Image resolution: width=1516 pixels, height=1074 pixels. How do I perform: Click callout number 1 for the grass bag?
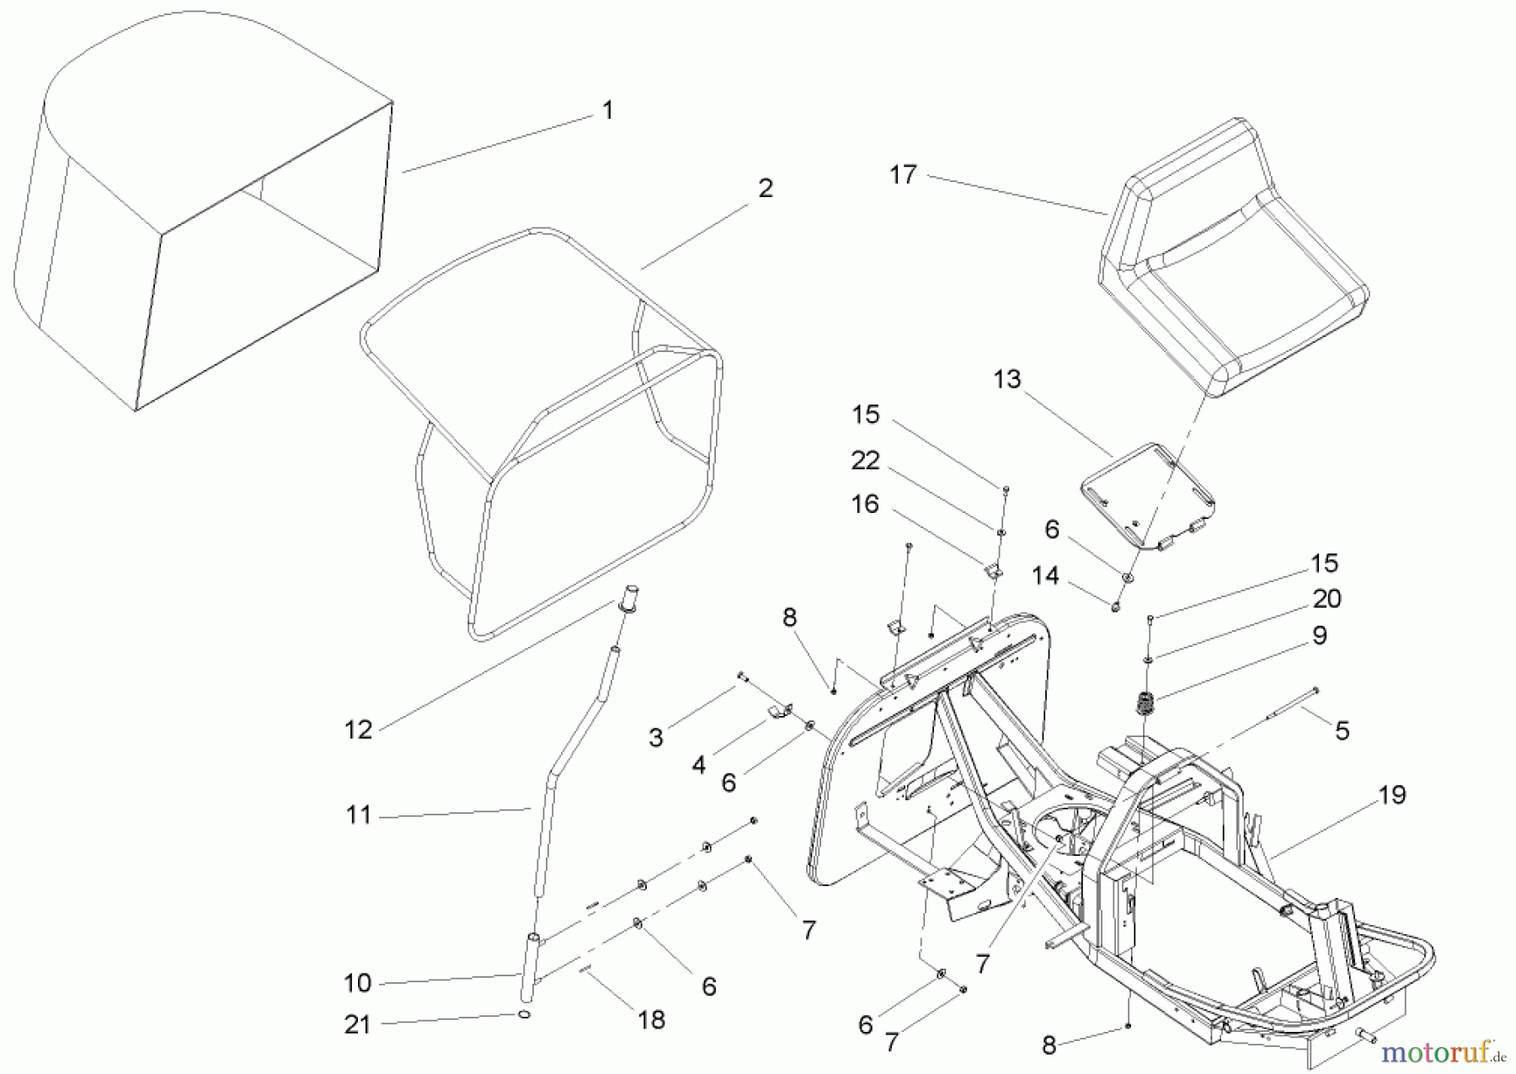point(607,110)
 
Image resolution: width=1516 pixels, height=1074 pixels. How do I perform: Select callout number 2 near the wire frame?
point(765,188)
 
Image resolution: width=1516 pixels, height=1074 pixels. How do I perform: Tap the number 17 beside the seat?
point(903,175)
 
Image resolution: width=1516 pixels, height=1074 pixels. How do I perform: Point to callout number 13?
point(1006,380)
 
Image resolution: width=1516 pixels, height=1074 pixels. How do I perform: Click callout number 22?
point(865,461)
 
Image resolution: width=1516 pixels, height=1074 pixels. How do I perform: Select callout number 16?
point(865,505)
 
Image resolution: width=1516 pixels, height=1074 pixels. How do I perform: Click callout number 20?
point(1326,599)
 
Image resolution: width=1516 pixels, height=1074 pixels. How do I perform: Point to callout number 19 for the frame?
point(1392,794)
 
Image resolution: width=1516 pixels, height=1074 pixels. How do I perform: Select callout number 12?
point(358,729)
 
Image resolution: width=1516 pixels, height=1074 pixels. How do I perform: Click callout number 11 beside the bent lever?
point(358,815)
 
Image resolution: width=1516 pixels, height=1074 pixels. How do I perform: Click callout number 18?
point(651,1020)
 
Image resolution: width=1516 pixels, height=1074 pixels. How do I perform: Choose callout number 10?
point(358,983)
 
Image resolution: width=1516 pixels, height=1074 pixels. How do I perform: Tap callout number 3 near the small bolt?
point(655,738)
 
